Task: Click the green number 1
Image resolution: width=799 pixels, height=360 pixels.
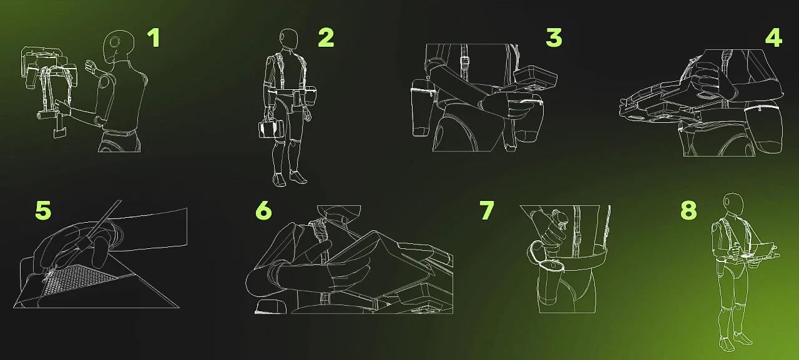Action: pos(154,38)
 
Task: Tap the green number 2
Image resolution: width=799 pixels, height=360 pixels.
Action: pos(326,38)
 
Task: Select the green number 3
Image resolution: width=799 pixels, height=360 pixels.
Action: pos(554,38)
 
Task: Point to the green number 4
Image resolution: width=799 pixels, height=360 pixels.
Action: pos(773,38)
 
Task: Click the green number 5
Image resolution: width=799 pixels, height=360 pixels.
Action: pos(43,210)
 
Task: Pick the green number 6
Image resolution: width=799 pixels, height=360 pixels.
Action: pos(263,210)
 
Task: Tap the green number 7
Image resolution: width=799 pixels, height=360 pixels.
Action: pos(486,210)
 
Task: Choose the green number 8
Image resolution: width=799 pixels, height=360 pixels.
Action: pos(689,210)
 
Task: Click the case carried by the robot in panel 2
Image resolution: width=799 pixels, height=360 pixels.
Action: pos(271,129)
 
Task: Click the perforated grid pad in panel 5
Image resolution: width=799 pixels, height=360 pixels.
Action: pos(81,279)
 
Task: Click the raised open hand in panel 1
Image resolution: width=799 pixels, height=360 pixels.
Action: pos(92,68)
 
